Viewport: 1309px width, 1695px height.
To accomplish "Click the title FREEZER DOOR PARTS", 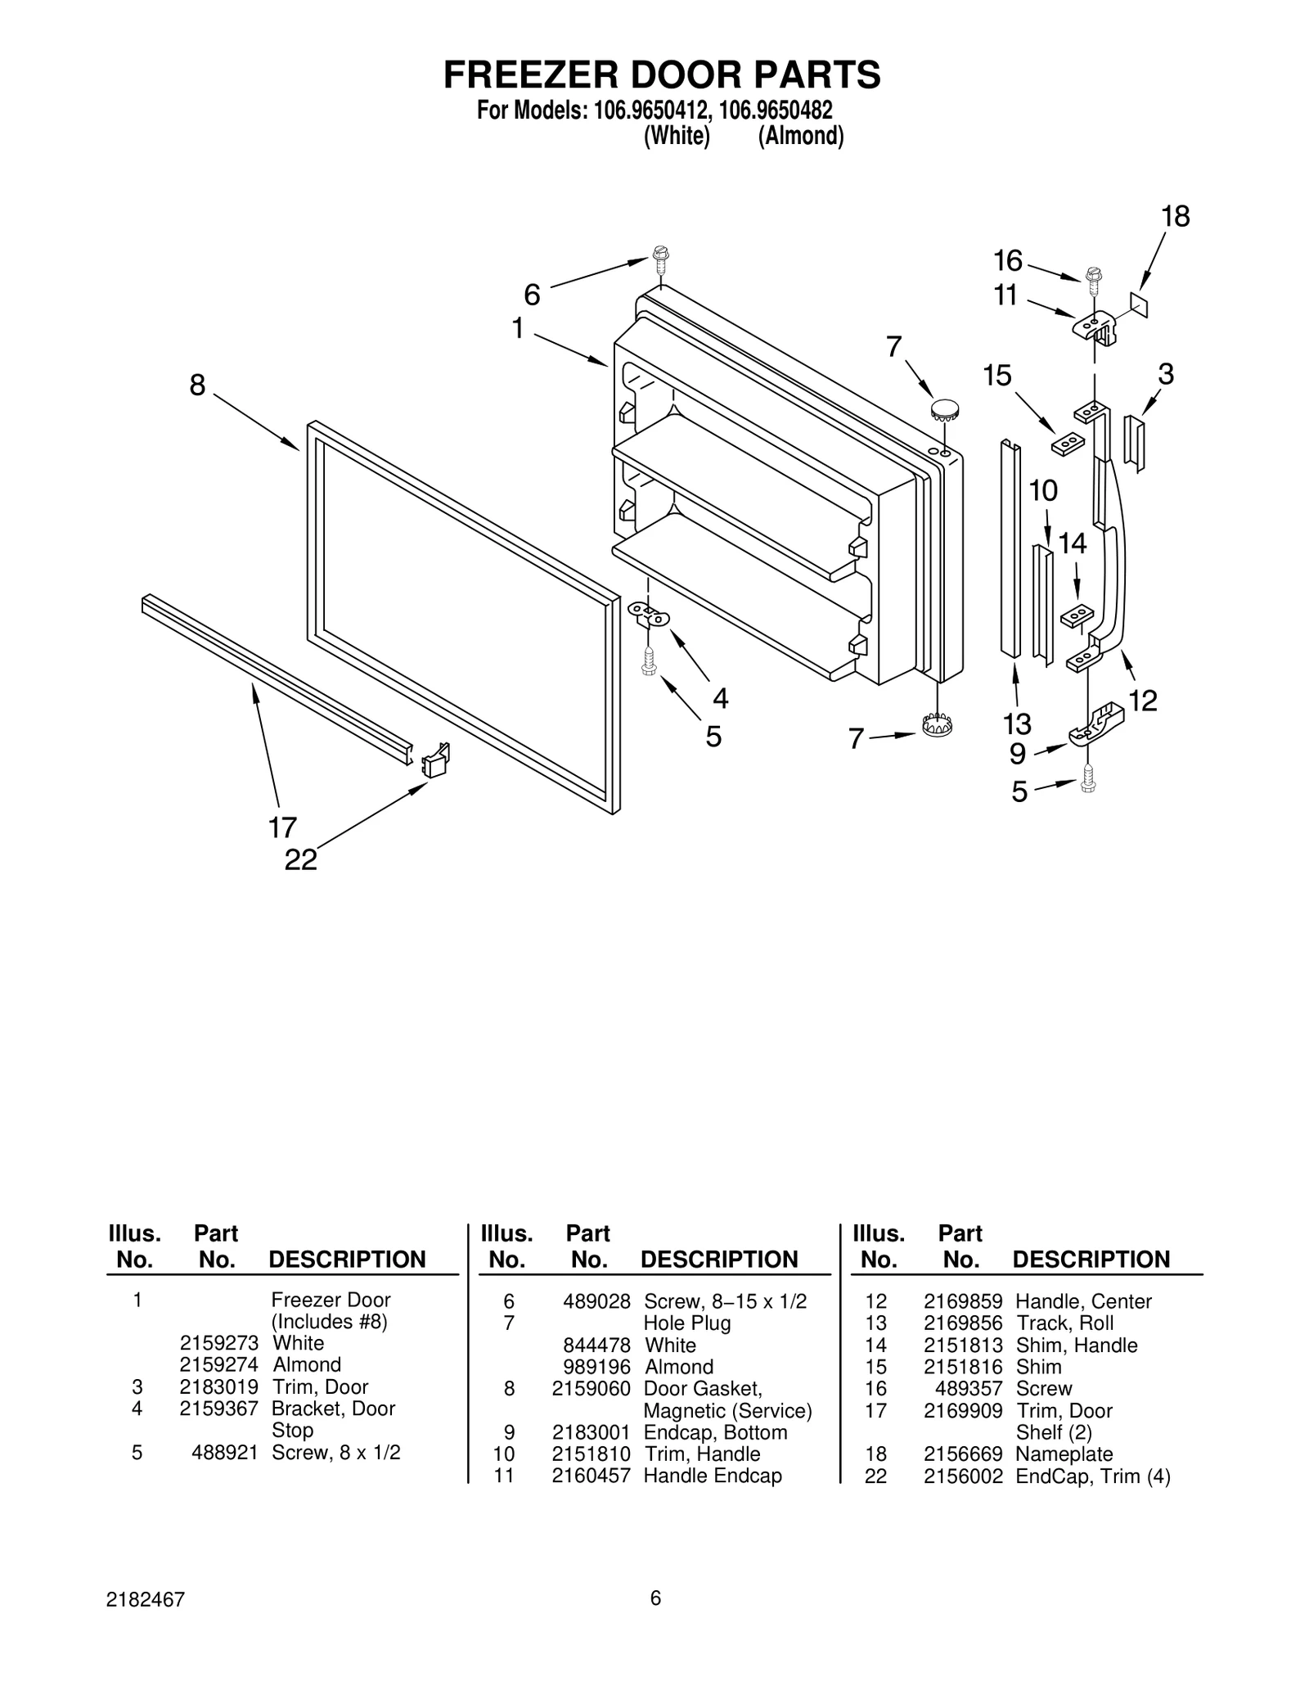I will [x=662, y=74].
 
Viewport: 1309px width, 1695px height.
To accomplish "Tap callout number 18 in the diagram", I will [x=1175, y=217].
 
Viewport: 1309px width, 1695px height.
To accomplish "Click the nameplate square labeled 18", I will [x=1139, y=304].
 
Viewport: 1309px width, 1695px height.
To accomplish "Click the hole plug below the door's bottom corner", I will [x=937, y=724].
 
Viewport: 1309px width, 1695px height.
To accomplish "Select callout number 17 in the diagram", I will [x=282, y=827].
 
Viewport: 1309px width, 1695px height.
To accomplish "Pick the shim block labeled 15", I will [x=1067, y=443].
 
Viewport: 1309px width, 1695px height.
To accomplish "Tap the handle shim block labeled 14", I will [x=1077, y=616].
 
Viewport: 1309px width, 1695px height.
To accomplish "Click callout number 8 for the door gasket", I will [x=197, y=385].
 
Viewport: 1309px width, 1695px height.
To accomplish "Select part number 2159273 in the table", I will [x=219, y=1343].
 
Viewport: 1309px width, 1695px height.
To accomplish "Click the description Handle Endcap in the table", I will [x=712, y=1476].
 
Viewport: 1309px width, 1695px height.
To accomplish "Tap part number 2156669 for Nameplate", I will [x=962, y=1454].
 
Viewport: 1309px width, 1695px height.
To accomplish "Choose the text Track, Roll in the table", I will [x=1064, y=1323].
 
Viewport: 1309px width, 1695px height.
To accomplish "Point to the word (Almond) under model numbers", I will [x=800, y=136].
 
